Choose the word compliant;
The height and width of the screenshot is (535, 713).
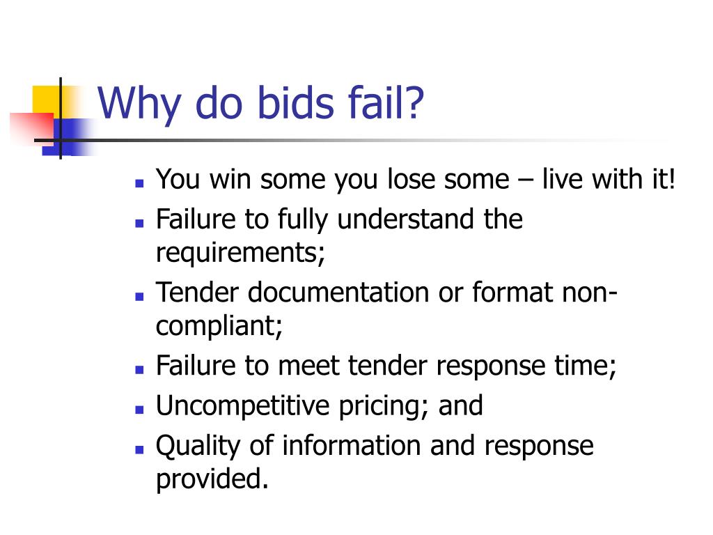point(219,326)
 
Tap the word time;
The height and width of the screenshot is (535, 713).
point(590,366)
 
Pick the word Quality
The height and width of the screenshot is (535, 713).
point(198,446)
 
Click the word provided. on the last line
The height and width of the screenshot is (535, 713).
point(212,479)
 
